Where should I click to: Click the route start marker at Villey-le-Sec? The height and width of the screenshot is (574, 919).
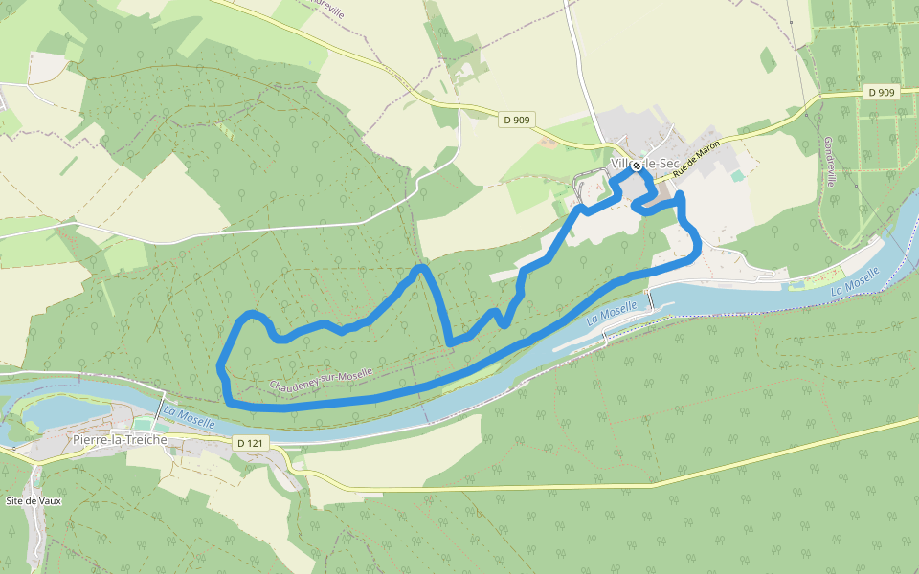coord(636,166)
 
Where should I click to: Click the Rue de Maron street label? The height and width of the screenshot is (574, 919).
coord(695,159)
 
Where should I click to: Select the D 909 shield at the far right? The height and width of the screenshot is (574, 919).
coord(884,92)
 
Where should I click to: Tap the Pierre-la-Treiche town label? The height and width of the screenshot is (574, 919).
coord(120,439)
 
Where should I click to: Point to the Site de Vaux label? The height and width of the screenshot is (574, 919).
coord(34,500)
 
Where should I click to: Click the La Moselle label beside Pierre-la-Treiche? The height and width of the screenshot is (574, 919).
coord(189,417)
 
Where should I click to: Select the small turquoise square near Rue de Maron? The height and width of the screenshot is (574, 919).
coord(736,176)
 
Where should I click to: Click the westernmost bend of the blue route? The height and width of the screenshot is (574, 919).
coord(221,364)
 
